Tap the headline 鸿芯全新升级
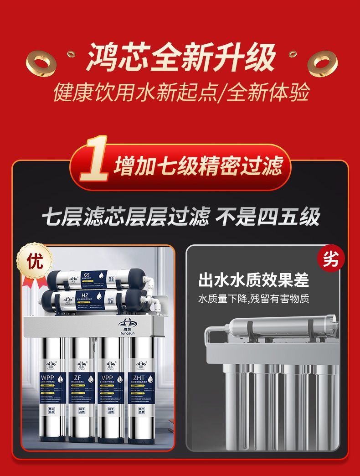tap(181, 58)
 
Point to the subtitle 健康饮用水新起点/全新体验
tap(181, 92)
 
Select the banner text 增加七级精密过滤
tap(198, 166)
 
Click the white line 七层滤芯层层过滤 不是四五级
tap(180, 217)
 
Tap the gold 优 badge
tap(35, 261)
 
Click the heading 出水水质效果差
tap(253, 280)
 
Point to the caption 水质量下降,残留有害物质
tap(253, 299)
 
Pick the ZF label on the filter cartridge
tap(78, 378)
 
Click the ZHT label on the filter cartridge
tap(139, 378)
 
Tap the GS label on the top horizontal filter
tap(87, 274)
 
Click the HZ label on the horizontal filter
tap(85, 295)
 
